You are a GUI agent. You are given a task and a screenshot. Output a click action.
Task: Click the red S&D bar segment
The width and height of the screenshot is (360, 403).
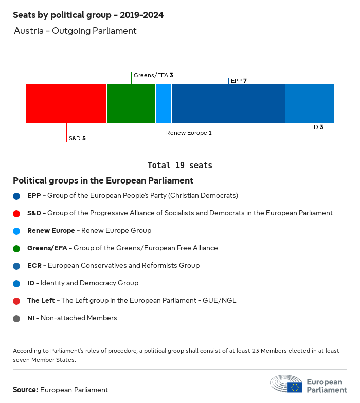66,104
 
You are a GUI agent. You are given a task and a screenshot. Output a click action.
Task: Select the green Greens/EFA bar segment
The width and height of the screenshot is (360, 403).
131,104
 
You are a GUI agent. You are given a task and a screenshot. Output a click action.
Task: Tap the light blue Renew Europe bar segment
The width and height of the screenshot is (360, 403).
164,104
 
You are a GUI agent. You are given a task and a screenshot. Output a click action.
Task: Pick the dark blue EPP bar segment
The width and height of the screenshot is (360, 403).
228,104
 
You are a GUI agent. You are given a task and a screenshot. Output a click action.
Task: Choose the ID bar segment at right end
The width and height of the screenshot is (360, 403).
310,104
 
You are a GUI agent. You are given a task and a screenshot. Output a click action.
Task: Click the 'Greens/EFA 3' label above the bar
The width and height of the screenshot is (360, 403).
153,75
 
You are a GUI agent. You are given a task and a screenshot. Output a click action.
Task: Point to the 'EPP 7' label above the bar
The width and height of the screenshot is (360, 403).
239,81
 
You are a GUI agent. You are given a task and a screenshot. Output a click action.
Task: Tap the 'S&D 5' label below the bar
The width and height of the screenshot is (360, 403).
77,138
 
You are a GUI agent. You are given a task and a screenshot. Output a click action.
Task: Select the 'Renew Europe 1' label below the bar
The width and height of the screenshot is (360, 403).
189,133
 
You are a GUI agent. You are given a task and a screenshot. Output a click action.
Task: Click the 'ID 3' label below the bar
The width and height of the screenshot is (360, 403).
317,127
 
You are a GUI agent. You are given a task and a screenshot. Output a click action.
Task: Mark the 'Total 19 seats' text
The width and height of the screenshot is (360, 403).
180,166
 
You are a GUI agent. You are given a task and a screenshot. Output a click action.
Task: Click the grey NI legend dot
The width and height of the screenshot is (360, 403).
17,318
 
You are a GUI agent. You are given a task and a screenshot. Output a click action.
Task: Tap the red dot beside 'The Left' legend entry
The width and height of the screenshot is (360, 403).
17,301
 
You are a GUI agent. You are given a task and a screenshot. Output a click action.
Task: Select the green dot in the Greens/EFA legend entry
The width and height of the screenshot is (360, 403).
17,248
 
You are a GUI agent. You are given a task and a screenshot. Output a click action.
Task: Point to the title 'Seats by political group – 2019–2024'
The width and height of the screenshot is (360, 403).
88,15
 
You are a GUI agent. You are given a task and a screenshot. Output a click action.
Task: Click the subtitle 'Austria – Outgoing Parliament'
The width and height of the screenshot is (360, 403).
75,31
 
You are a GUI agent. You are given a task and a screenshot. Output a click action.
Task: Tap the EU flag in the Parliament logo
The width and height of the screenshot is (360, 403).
295,387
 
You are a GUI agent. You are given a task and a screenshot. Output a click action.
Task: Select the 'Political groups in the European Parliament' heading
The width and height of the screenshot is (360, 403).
103,181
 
